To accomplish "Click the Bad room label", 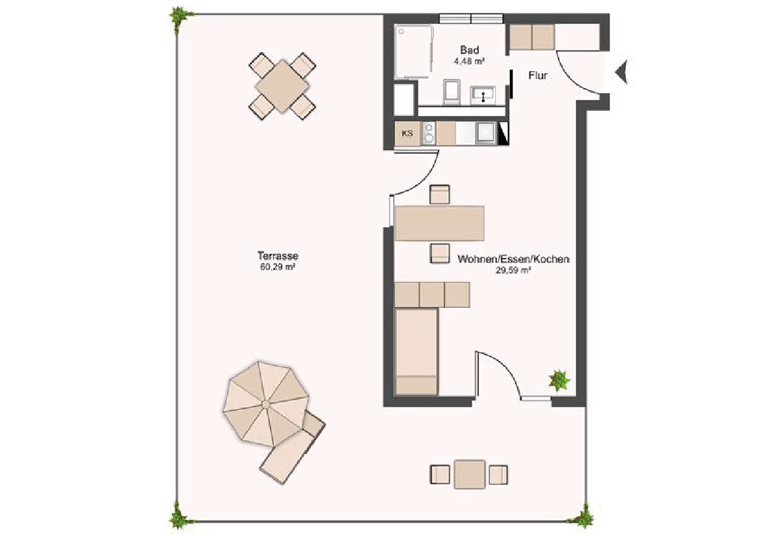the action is [469, 50].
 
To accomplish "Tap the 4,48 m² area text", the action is [469, 62].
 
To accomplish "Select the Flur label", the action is [538, 76].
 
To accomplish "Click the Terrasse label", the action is [278, 255].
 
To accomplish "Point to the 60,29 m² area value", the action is [278, 267].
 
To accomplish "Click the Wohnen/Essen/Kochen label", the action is [513, 259].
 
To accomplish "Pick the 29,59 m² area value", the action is [513, 271].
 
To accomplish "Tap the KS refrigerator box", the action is [407, 133].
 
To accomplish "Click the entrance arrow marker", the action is [622, 73].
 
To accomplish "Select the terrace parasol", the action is [266, 403].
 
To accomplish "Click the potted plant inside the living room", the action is [559, 380].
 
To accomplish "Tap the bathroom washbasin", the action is [483, 95].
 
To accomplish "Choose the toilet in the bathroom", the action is [452, 92].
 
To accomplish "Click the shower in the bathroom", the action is [413, 52].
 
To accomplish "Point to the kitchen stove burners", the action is [428, 133].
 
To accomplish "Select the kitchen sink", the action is [485, 132].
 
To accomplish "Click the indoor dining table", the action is [440, 224].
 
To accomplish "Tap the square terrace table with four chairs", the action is [282, 86].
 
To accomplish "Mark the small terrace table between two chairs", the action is [470, 474].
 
